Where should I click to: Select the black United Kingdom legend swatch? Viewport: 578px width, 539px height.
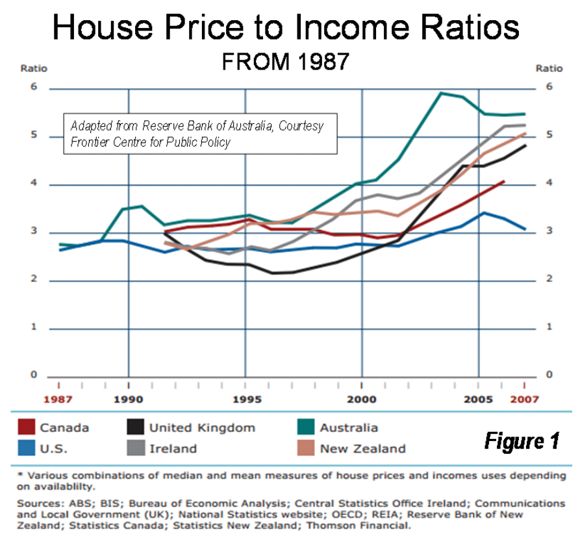coord(134,427)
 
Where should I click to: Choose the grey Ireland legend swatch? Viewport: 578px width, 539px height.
coord(134,448)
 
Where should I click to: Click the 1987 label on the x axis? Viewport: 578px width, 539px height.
coord(58,399)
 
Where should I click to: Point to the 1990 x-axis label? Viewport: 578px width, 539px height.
coord(129,399)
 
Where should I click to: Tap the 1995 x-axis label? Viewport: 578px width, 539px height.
coord(245,399)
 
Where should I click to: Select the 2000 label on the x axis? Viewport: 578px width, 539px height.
coord(361,399)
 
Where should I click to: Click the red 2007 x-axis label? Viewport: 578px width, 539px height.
coord(524,399)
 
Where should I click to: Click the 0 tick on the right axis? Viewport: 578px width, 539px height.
coord(549,375)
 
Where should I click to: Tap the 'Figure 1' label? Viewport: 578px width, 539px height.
coord(521,442)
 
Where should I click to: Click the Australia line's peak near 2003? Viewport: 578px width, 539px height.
coord(442,93)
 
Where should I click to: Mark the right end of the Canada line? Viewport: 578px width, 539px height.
coord(503,182)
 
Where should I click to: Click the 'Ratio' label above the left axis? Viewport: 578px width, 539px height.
coord(34,68)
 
